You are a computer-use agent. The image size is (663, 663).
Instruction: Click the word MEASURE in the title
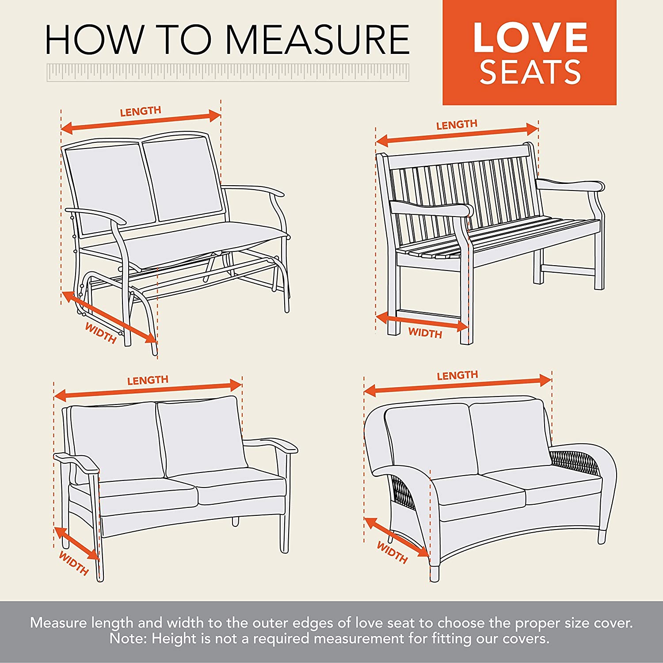[318, 39]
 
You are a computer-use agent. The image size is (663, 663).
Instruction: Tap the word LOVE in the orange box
[530, 37]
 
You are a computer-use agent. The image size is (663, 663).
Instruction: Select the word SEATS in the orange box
[530, 72]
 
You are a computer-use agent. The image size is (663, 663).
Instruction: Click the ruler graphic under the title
[228, 72]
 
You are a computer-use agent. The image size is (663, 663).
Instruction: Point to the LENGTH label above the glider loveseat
[141, 111]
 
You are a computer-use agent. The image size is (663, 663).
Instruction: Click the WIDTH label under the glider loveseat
[101, 333]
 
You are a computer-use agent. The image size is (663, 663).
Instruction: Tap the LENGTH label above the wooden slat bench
[457, 125]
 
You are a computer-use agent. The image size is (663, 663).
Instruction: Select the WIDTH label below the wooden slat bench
[425, 333]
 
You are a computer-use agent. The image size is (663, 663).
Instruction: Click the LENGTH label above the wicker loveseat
[457, 376]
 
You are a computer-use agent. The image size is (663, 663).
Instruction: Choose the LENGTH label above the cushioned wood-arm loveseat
[148, 380]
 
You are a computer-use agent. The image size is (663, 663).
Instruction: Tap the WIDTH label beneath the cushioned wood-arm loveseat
[74, 563]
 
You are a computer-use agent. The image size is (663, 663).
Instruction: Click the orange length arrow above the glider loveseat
[141, 122]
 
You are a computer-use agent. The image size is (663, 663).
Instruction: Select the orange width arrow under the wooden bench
[422, 322]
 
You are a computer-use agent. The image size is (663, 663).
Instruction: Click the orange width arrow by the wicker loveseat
[396, 537]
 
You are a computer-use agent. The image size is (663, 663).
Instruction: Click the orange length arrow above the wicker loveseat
[458, 385]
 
